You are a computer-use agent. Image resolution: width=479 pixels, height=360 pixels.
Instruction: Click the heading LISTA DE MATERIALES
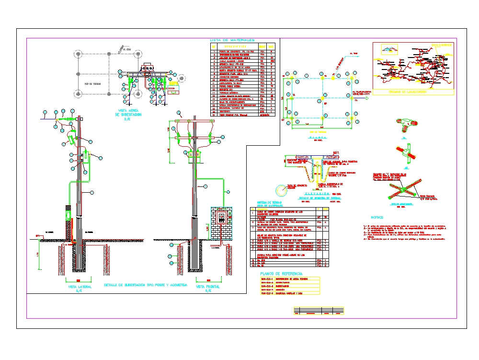232,40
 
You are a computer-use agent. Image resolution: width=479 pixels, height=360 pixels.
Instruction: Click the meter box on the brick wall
222,219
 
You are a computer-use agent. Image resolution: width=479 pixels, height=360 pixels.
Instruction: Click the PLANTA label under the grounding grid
318,137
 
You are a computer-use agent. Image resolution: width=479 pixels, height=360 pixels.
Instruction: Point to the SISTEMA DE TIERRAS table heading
271,203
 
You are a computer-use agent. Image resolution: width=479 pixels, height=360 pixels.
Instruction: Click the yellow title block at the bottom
319,311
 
